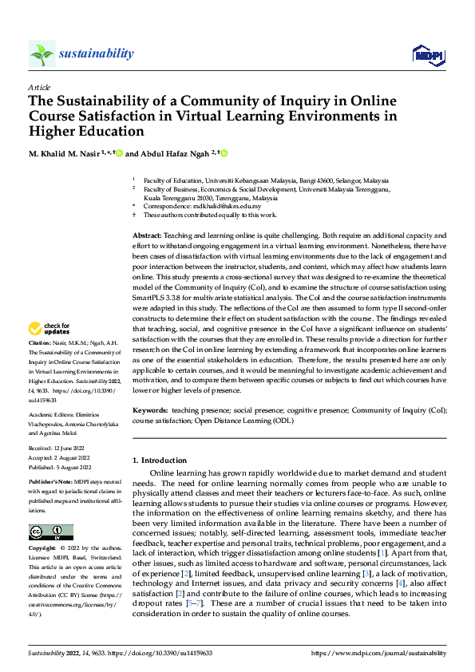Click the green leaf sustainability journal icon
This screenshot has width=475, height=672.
pos(42,53)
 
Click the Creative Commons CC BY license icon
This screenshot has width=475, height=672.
pos(50,532)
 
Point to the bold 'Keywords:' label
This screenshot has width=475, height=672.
pos(149,409)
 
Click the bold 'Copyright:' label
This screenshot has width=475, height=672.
pos(43,549)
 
